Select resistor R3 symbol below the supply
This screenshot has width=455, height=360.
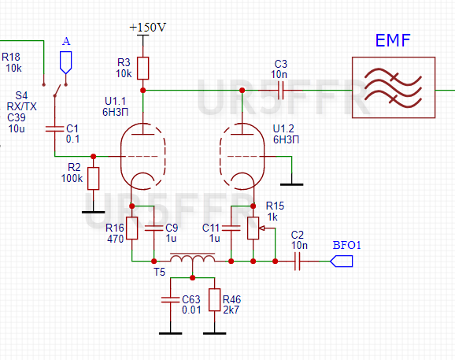click(142, 68)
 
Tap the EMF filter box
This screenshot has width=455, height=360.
click(392, 87)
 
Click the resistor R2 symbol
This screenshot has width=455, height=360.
click(94, 178)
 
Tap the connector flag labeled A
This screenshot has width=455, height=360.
click(66, 61)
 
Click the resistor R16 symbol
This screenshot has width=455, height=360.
click(132, 228)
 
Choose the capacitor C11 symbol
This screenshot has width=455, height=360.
click(231, 228)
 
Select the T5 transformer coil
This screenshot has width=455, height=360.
click(193, 259)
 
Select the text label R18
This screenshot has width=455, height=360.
click(11, 57)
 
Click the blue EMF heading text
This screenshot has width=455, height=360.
click(392, 40)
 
